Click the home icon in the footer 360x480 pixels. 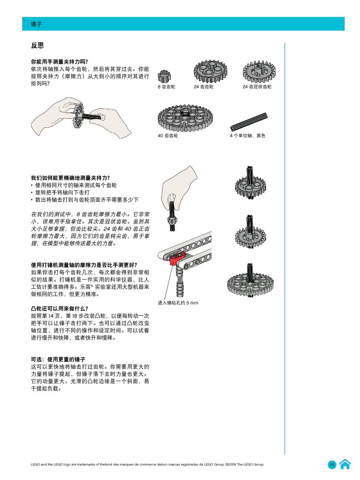tap(345, 464)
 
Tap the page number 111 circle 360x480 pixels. tap(332, 465)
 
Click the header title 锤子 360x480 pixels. tap(36, 24)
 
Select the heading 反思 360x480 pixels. tap(38, 46)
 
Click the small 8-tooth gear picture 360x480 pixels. tap(164, 76)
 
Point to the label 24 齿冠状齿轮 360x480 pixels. tap(257, 87)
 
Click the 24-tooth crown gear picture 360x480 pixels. tap(259, 71)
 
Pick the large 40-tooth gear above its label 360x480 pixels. tap(184, 117)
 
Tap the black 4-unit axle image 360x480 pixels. tap(249, 122)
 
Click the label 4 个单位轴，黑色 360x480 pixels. tap(247, 136)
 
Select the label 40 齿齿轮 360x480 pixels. tap(168, 136)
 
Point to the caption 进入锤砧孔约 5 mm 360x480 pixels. tap(178, 303)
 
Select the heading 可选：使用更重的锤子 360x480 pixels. tap(58, 359)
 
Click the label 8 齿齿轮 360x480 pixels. tap(166, 87)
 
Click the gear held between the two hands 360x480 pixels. tap(78, 117)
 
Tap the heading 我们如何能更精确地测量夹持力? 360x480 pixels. tap(71, 177)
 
